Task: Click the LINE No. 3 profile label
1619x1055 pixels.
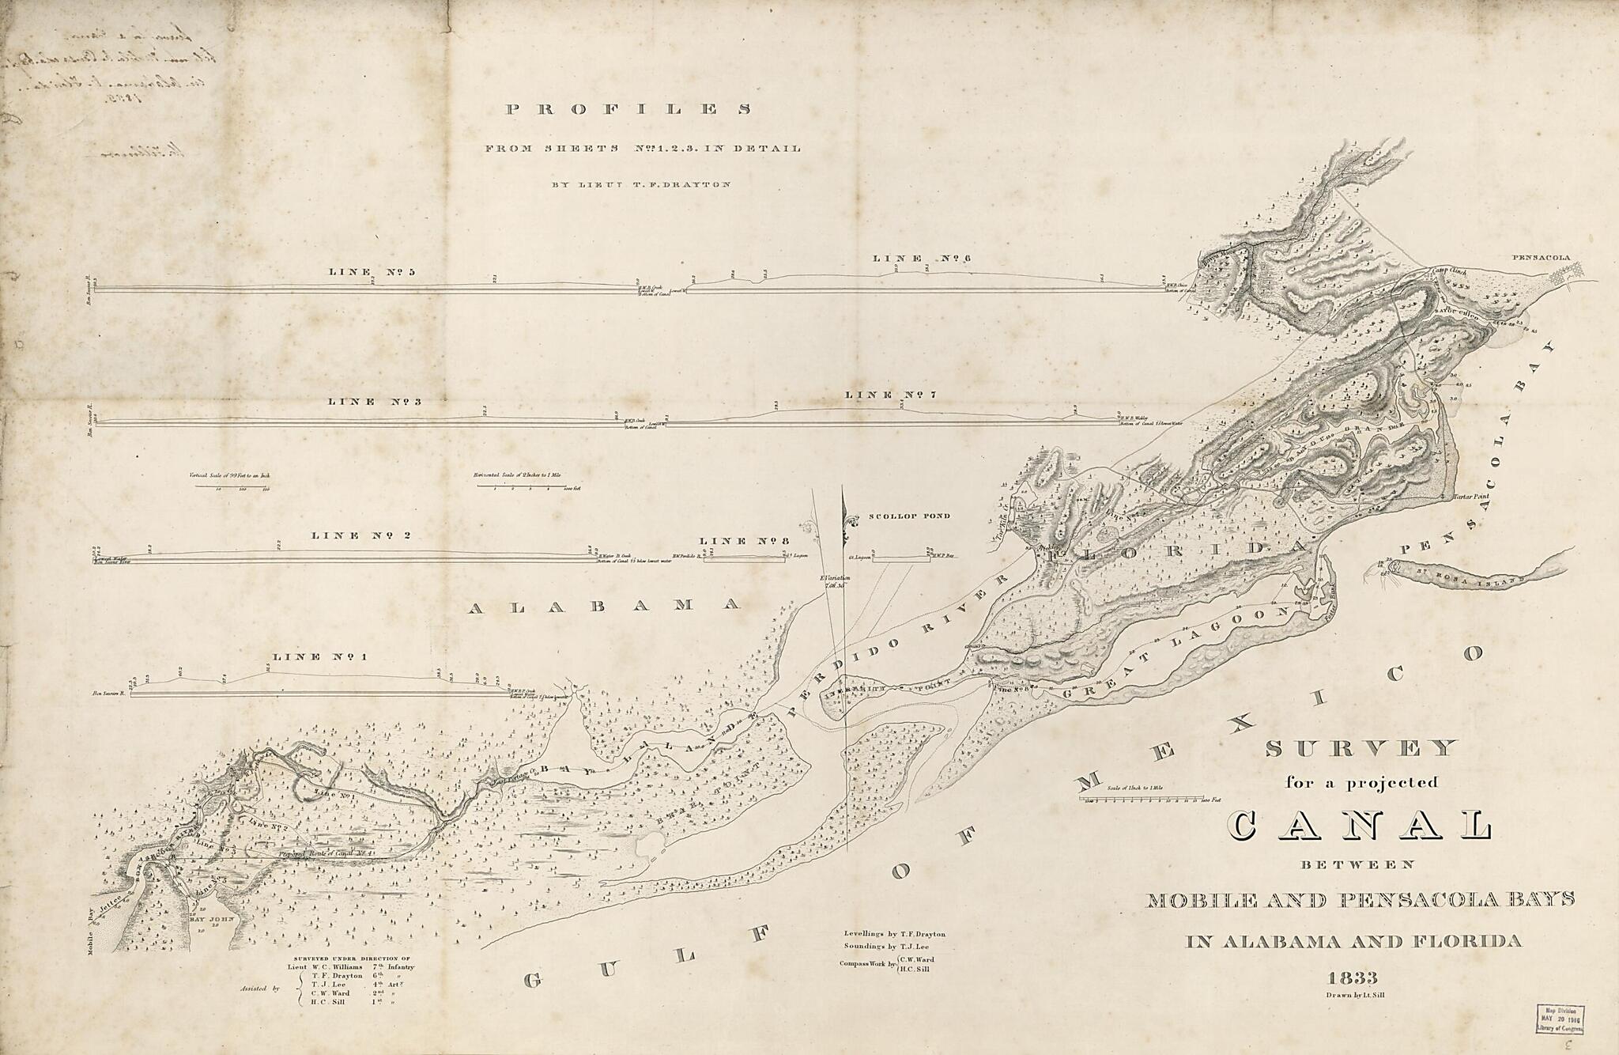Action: (x=374, y=402)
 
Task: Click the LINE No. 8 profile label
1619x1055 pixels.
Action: (x=741, y=541)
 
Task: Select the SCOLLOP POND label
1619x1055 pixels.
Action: (x=909, y=516)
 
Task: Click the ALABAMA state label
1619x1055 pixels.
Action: (x=604, y=606)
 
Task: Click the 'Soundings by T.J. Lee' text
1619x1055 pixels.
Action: (x=889, y=946)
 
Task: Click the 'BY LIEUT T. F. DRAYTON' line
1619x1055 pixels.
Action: (x=641, y=184)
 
